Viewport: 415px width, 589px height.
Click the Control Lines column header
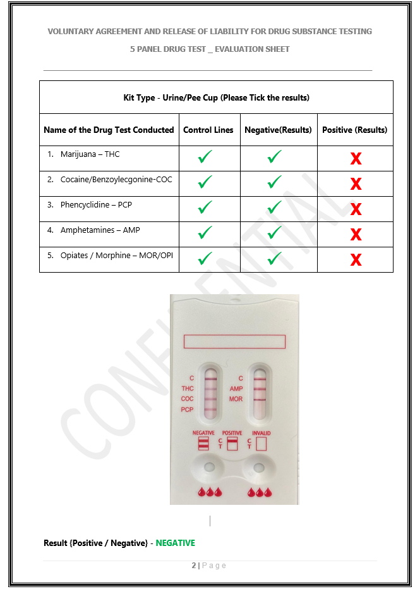(x=208, y=130)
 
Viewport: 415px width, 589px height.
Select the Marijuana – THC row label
(x=90, y=154)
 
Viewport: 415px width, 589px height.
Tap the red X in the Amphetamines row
(x=356, y=235)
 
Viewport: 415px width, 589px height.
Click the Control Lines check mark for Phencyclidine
(x=205, y=207)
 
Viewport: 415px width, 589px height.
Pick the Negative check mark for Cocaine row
(x=274, y=182)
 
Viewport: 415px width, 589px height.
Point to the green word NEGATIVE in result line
(x=176, y=543)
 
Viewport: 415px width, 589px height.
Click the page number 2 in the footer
(x=194, y=566)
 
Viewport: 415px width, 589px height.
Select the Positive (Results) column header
(x=354, y=130)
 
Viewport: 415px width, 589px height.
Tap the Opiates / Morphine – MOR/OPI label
(x=117, y=256)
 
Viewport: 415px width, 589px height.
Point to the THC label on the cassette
(x=188, y=388)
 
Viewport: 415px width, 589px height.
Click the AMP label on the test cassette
(x=236, y=389)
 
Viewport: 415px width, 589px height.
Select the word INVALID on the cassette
(x=262, y=433)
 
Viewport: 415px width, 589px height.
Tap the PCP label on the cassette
(x=187, y=409)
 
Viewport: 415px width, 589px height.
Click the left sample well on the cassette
(x=209, y=468)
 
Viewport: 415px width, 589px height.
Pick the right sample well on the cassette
(x=259, y=468)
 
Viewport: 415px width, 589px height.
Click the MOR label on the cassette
(x=236, y=399)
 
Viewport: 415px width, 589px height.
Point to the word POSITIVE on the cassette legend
(x=232, y=433)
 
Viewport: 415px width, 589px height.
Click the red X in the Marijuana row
(x=356, y=159)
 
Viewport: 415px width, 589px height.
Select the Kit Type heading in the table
(x=216, y=97)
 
